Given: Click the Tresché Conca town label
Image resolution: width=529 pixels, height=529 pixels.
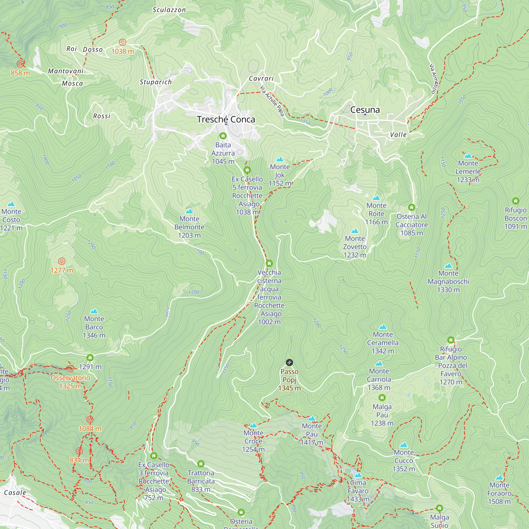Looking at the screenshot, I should (226, 119).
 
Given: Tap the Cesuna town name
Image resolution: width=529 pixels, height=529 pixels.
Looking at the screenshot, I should (365, 110).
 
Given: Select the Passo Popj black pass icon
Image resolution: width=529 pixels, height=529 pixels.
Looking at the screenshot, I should (289, 363).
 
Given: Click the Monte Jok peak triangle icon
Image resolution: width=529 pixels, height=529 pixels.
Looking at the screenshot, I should (280, 159).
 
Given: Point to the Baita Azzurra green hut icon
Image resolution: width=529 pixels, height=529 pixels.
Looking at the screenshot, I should (223, 136).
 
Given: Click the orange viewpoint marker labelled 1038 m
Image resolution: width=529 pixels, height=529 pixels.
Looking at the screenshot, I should (122, 42).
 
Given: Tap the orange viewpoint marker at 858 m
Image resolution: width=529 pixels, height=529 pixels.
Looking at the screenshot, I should (20, 64).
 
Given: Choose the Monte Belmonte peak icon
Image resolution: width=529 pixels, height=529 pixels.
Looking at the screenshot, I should (189, 211).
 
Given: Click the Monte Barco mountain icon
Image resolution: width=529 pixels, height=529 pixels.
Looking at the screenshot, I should (94, 311).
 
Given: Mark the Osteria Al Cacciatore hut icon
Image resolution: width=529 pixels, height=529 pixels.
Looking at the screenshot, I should (412, 207).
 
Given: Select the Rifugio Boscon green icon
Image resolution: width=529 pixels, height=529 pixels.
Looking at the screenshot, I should (516, 201).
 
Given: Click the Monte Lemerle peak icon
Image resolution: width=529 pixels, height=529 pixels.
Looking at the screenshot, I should (468, 156).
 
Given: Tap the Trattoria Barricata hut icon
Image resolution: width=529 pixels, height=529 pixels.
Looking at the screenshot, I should (201, 464).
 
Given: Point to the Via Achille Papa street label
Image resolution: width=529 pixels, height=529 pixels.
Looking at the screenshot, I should (272, 101).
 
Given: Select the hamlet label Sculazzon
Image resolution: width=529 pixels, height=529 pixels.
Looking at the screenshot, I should (169, 10).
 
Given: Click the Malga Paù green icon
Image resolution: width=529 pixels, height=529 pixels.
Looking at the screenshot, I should (382, 398).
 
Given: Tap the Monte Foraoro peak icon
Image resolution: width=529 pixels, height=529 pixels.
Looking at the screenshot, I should (499, 477).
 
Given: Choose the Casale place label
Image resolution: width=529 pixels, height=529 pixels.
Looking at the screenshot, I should (15, 493).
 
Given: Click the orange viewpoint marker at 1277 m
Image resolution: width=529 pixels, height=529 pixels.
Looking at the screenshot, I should (62, 261).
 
